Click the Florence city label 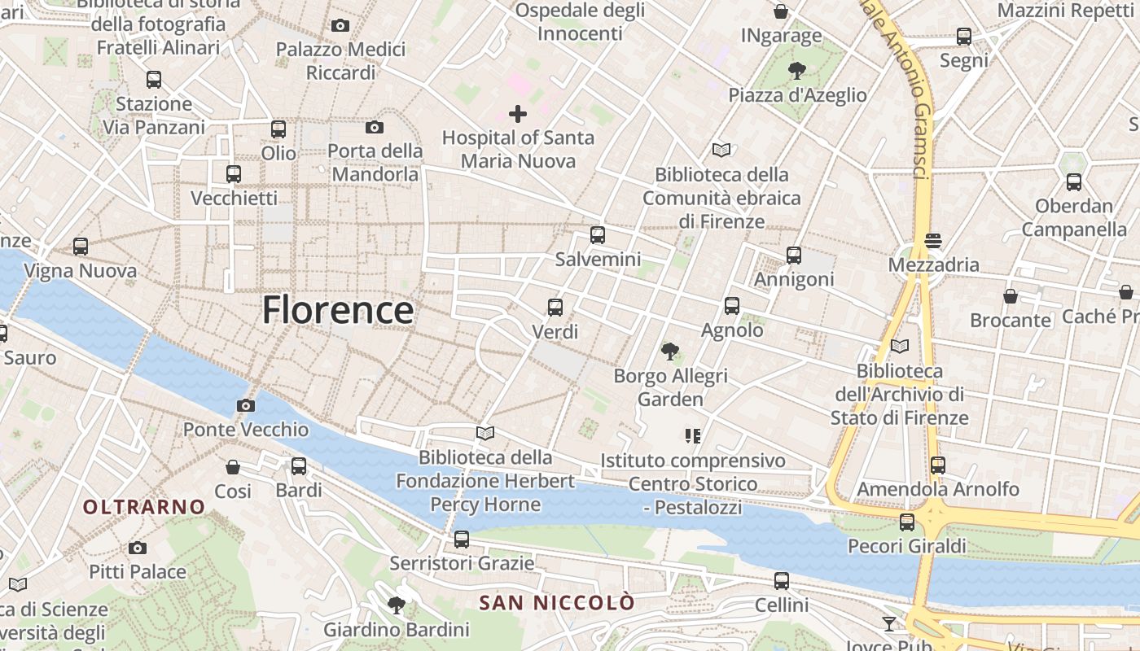click(338, 310)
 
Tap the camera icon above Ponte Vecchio click(245, 405)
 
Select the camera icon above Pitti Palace click(138, 548)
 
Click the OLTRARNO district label click(144, 507)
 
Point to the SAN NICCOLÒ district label click(556, 603)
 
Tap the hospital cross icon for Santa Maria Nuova click(517, 114)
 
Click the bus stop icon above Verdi click(555, 308)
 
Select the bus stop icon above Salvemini click(598, 235)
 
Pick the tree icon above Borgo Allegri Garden click(670, 352)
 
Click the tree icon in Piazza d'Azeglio click(796, 71)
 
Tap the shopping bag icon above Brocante click(1011, 295)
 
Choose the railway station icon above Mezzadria click(933, 240)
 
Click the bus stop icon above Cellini click(782, 581)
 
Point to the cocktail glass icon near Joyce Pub click(889, 623)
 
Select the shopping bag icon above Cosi click(233, 467)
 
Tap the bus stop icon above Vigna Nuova click(80, 246)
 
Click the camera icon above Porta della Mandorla click(375, 127)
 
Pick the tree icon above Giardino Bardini click(397, 605)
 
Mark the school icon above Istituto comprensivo click(693, 436)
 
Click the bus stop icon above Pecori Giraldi click(907, 522)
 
